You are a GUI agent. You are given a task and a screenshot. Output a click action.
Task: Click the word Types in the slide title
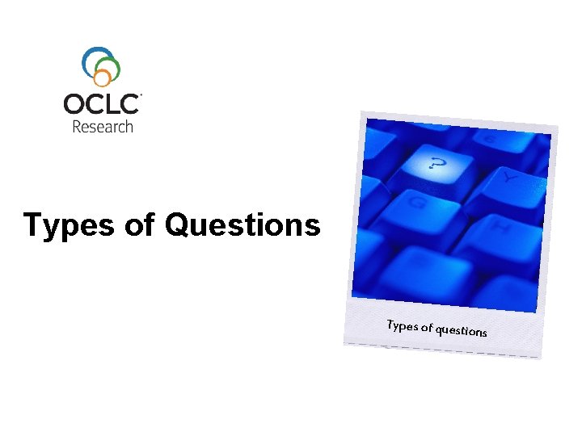[x=68, y=226]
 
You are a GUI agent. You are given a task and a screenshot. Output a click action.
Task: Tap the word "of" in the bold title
[x=139, y=225]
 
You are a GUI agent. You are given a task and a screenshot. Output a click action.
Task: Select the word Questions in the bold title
[x=242, y=225]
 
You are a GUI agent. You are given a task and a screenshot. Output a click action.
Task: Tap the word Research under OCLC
[x=103, y=126]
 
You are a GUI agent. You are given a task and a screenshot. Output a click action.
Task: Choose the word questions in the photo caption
[x=462, y=331]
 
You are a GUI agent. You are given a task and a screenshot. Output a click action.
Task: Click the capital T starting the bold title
[x=33, y=225]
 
